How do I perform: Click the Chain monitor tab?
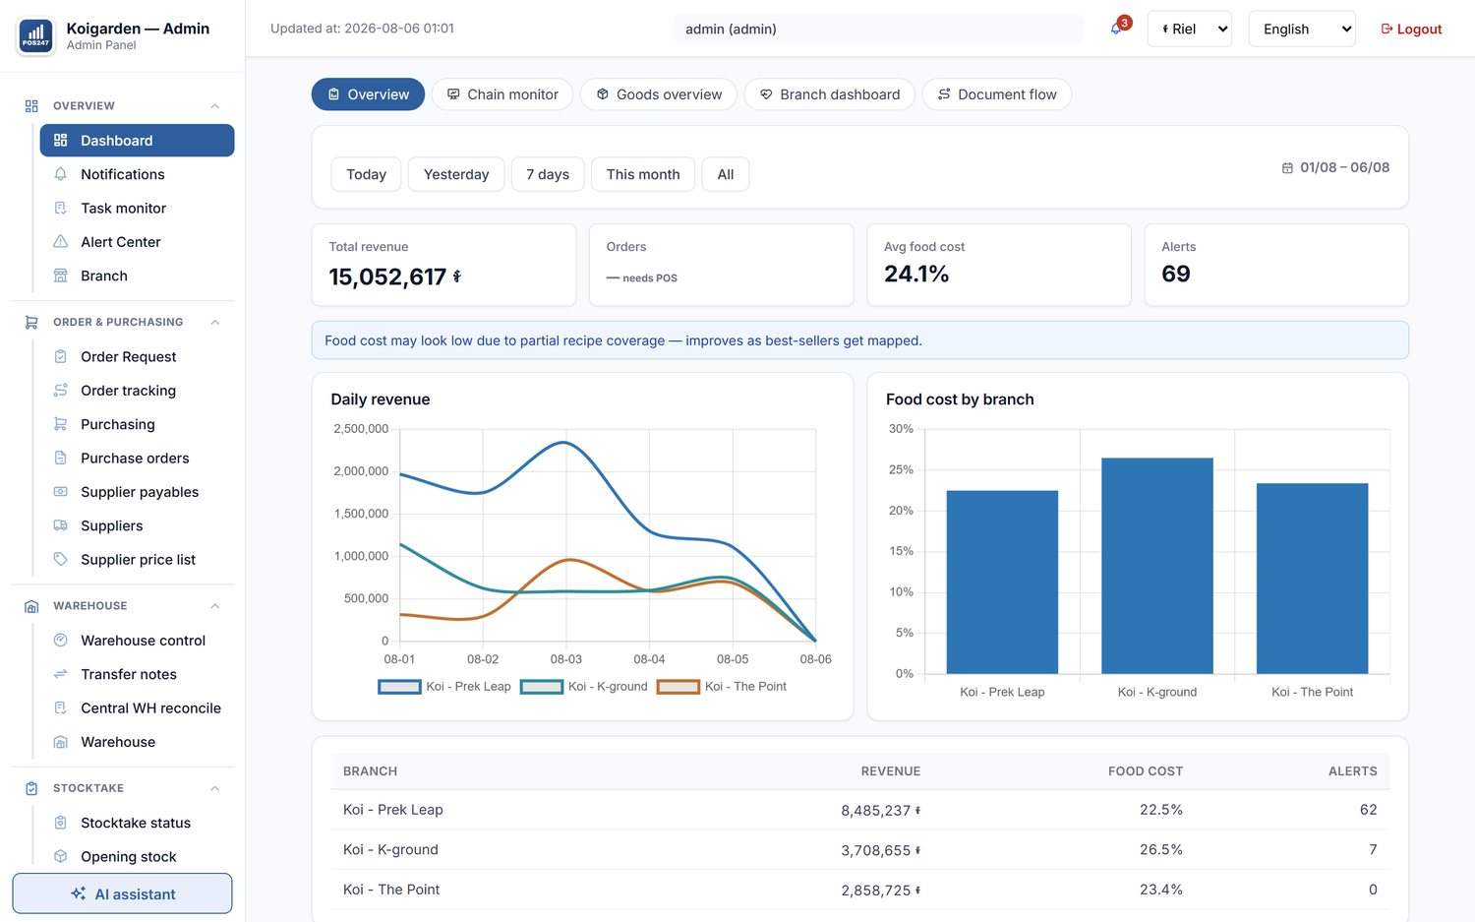pos(502,94)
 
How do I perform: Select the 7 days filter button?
pos(547,174)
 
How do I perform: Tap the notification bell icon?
pos(1115,29)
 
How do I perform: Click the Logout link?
pos(1411,29)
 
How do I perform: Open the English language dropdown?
pos(1302,29)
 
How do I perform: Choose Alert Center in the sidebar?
pos(121,242)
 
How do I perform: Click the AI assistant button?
pos(123,893)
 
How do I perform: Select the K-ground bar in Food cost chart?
pos(1157,566)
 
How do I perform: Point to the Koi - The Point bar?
pos(1312,579)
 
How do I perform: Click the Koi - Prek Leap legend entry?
pos(444,686)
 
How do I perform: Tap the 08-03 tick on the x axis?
pos(566,659)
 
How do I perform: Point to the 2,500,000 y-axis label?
pos(361,428)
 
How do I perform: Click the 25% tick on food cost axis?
pos(901,469)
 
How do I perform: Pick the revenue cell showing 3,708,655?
pos(880,850)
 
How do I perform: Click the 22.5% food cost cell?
pos(1161,809)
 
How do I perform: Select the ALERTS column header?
pos(1352,771)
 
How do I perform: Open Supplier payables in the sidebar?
pos(140,492)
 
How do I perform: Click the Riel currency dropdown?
pos(1189,29)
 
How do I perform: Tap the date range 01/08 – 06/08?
pos(1344,167)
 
